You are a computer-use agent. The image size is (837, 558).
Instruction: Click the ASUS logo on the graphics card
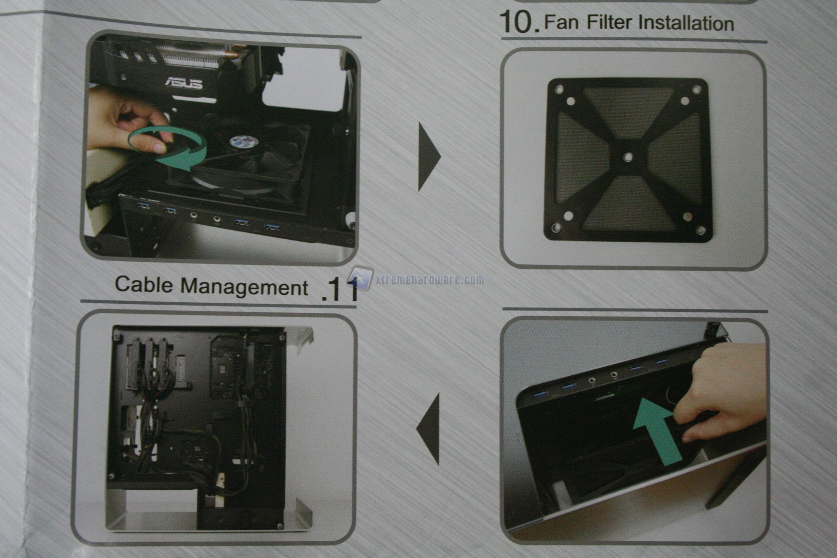[x=185, y=83]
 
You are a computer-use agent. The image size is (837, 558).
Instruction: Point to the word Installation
[x=686, y=23]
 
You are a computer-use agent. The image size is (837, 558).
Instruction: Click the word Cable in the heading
[x=144, y=284]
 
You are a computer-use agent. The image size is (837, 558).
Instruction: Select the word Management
[x=244, y=287]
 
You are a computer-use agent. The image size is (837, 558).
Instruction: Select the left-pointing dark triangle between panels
[x=428, y=428]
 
